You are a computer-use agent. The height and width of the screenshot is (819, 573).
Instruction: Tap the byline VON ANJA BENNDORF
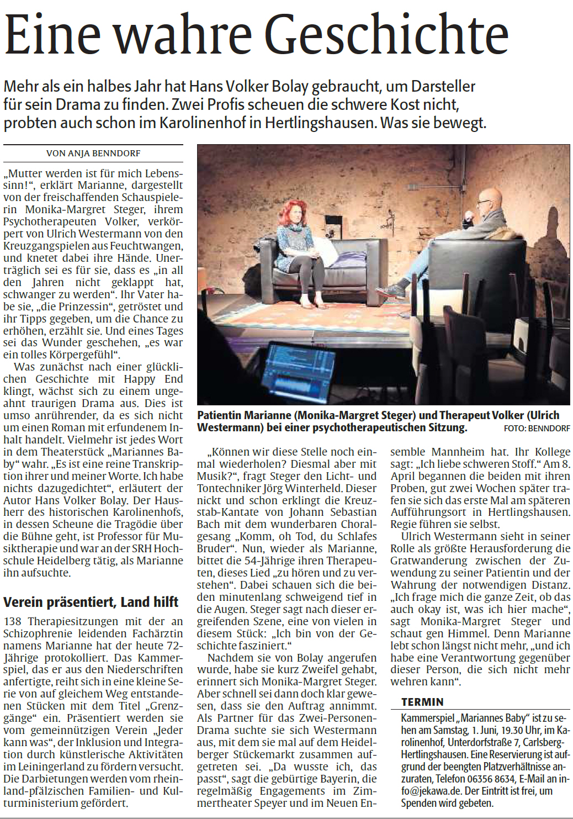pyautogui.click(x=93, y=153)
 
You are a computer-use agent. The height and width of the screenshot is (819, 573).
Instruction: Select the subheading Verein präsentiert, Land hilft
pyautogui.click(x=91, y=601)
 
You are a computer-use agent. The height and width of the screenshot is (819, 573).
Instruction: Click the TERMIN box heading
pyautogui.click(x=422, y=702)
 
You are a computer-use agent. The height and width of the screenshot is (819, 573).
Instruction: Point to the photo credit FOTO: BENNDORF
pyautogui.click(x=537, y=429)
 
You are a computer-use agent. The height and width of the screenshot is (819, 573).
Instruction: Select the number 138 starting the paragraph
pyautogui.click(x=13, y=621)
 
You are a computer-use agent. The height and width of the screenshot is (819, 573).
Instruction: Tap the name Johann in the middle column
pyautogui.click(x=307, y=512)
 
